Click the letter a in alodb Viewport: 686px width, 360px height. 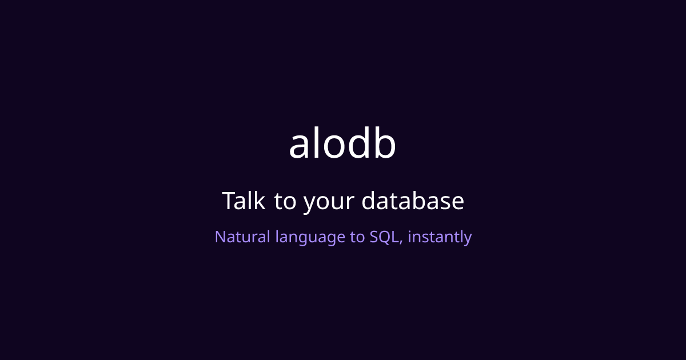(x=301, y=146)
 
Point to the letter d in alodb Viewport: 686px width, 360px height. (x=361, y=143)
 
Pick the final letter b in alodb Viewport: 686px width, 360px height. (x=385, y=143)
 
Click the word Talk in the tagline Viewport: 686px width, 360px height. (x=243, y=201)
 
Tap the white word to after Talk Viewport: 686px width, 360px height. (x=284, y=202)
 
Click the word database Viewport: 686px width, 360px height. (x=413, y=201)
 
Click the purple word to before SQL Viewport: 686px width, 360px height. (x=357, y=237)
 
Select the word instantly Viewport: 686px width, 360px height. (x=440, y=237)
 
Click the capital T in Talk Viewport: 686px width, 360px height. (x=228, y=201)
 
